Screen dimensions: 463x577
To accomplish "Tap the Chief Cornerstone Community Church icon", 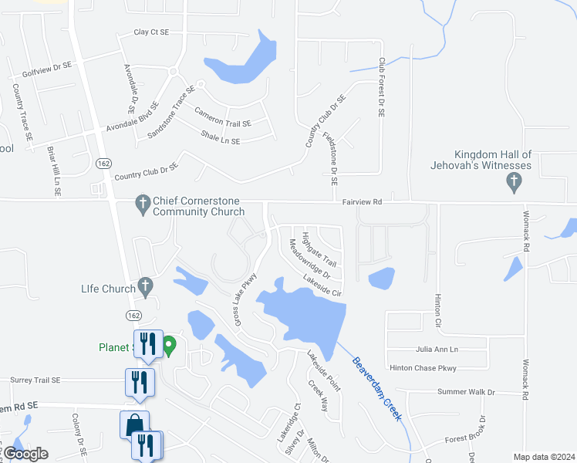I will tap(142, 204).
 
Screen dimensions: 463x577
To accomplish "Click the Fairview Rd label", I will tap(363, 201).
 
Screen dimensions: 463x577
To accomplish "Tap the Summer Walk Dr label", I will tap(466, 393).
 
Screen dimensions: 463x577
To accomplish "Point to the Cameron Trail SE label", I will tap(222, 117).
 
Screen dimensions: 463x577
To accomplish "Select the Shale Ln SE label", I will tap(221, 137).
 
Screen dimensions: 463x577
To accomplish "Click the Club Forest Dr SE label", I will tap(381, 86).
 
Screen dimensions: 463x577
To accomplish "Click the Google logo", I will tap(25, 454).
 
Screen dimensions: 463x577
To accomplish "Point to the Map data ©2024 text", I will tap(544, 457).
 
